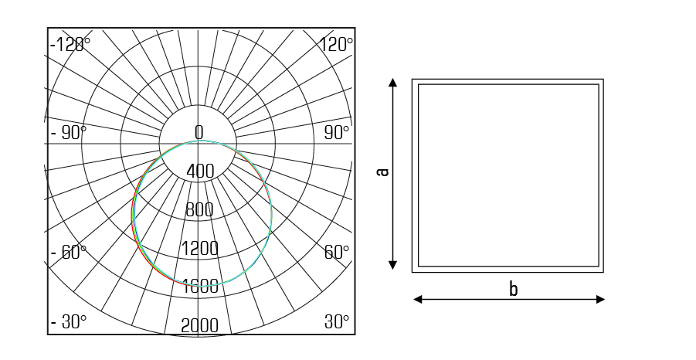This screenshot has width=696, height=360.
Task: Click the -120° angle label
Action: (70, 45)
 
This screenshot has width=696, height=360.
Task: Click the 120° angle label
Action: (337, 45)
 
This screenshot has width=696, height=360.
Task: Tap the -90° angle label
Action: (69, 133)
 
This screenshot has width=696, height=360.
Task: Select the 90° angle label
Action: (337, 133)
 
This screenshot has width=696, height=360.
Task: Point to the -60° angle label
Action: (69, 252)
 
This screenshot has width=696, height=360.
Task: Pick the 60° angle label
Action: (337, 252)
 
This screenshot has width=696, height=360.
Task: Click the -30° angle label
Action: (69, 322)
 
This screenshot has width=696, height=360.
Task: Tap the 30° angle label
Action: (337, 322)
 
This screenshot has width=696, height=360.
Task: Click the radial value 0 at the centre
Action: (199, 132)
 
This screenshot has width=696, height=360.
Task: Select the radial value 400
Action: (200, 171)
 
